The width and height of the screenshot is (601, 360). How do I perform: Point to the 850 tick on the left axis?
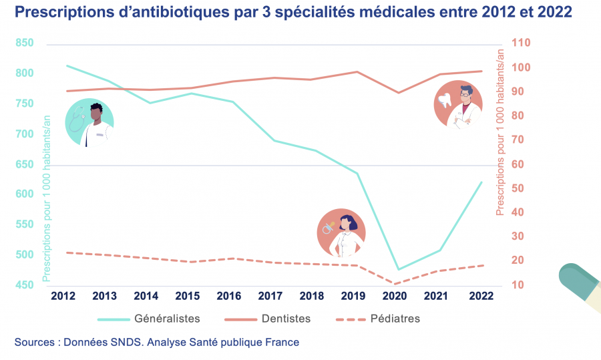[24, 43]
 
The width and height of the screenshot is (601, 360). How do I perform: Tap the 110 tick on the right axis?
[521, 43]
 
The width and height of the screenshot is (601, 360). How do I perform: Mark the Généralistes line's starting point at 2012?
[66, 65]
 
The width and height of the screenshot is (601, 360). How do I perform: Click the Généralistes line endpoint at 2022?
[481, 182]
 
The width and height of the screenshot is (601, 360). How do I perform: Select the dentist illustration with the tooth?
[458, 104]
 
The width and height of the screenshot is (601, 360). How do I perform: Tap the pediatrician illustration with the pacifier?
[341, 232]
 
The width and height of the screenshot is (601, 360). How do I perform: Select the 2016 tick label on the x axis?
[228, 295]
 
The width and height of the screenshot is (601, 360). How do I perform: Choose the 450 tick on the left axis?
[24, 286]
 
